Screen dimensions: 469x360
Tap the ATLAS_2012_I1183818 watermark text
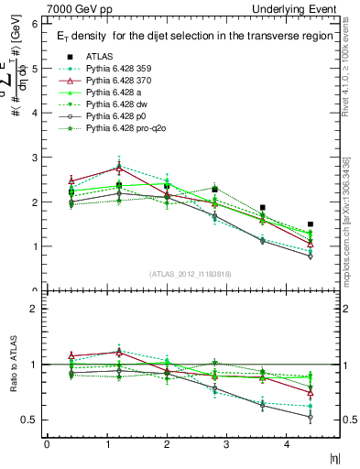coord(191,274)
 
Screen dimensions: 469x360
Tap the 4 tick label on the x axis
coord(287,444)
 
